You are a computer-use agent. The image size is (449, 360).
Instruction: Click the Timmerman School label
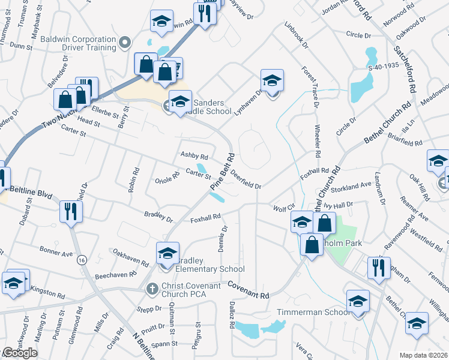(x=312, y=313)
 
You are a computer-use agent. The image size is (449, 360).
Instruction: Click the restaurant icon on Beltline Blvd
(x=71, y=212)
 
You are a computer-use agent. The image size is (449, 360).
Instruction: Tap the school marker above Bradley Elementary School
(x=168, y=253)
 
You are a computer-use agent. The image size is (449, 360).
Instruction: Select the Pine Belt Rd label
(x=221, y=174)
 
